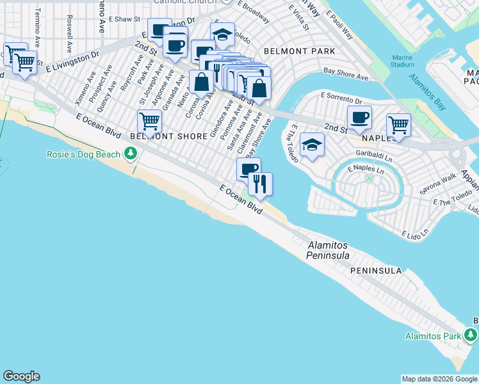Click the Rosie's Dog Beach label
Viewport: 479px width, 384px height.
point(84,154)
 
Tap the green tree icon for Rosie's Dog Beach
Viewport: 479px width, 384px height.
point(131,154)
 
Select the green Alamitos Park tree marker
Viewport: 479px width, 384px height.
point(471,335)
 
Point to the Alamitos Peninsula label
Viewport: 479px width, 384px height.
point(329,250)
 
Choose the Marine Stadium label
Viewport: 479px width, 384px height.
point(402,60)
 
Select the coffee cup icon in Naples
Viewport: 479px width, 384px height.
point(359,117)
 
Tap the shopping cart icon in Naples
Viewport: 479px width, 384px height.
point(398,124)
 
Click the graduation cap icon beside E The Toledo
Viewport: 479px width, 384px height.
point(312,145)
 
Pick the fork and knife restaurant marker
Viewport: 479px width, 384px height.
point(260,184)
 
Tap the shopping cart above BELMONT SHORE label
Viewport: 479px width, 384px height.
point(149,120)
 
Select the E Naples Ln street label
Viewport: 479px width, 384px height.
point(365,171)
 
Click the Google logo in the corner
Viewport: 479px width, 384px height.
point(21,376)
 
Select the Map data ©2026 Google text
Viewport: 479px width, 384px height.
point(439,379)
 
